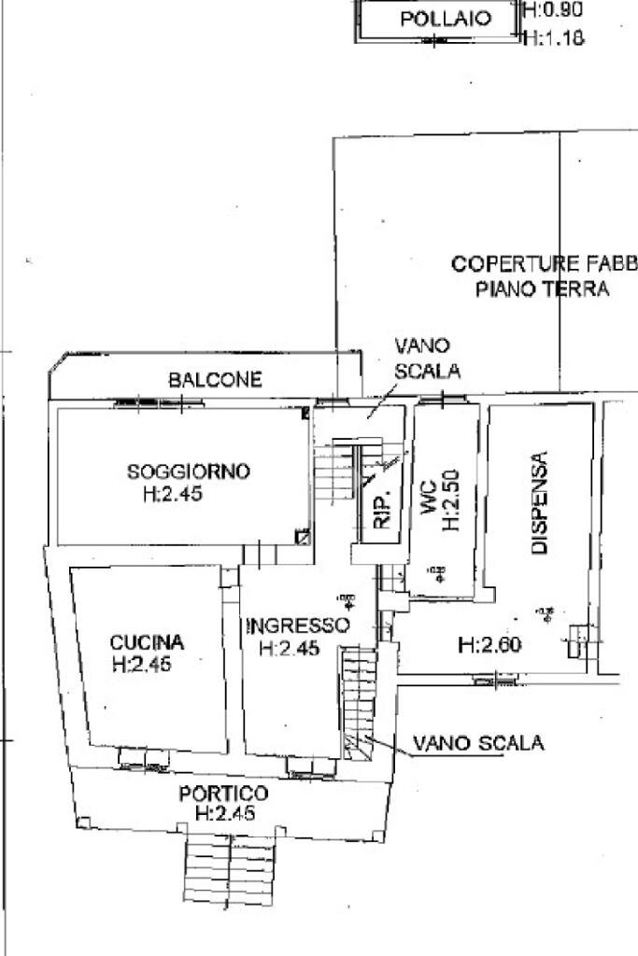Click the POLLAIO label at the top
pos(445,19)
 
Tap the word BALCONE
pos(215,380)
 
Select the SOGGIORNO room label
pos(189,471)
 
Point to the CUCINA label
pos(147,642)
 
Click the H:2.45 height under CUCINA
pos(144,665)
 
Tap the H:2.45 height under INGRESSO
pos(291,648)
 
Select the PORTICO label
pos(223,794)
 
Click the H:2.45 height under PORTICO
pos(224,814)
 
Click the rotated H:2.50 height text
pos(451,500)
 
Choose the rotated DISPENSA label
pos(539,504)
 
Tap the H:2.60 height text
pos(489,644)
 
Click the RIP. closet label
pos(381,510)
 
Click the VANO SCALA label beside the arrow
pos(478,743)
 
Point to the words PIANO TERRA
pos(543,288)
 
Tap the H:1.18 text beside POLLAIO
pos(554,38)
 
